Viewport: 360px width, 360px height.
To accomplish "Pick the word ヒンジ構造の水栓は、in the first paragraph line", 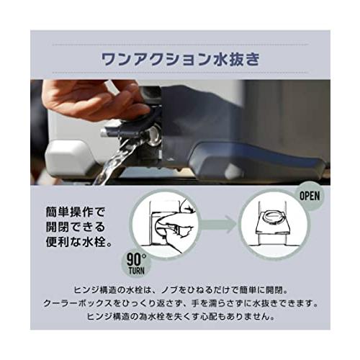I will [115, 287].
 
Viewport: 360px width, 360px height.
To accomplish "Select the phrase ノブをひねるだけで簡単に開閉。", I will [230, 287].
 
